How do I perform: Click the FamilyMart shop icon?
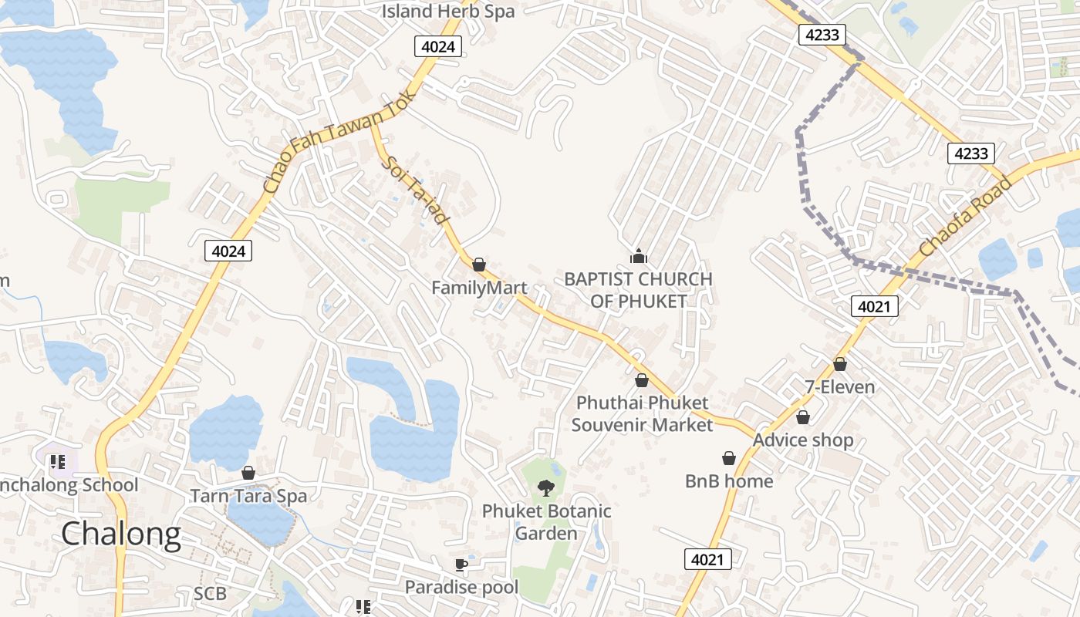coord(479,265)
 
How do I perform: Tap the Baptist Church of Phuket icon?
coord(638,256)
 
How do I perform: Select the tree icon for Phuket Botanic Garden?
coord(546,487)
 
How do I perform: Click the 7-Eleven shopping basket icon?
coord(840,364)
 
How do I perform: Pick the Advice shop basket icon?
coord(803,417)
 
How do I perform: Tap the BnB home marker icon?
coord(729,458)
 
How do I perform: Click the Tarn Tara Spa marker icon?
coord(248,473)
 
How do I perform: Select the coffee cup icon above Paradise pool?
coord(461,565)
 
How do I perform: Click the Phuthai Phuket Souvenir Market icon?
coord(642,380)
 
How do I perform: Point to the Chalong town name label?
coord(121,534)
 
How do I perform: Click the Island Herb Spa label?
coord(448,12)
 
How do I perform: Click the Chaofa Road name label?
coord(965,217)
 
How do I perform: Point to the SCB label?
coord(210,593)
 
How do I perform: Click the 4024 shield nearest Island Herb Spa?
coord(439,47)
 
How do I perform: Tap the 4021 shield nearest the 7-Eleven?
coord(875,306)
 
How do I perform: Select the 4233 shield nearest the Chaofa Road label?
coord(970,153)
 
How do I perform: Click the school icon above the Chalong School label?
coord(57,462)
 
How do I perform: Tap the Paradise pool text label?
coord(462,587)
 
